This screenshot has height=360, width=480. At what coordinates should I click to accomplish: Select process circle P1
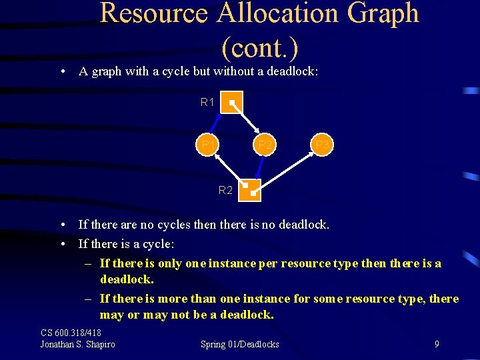208,145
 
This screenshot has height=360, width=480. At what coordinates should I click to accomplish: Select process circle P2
264,145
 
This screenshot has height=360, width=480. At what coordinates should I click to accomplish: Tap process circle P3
322,145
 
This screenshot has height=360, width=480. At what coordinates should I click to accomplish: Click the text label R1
207,103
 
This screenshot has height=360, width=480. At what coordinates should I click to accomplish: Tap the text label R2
225,191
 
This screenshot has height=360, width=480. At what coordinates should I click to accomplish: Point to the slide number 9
436,344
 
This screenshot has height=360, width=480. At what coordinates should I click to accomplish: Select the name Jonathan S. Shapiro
77,344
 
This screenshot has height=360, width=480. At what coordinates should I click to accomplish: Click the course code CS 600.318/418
71,333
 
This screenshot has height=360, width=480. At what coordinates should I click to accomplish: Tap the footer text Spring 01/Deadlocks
240,344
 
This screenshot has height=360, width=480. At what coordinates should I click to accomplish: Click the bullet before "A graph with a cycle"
61,72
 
